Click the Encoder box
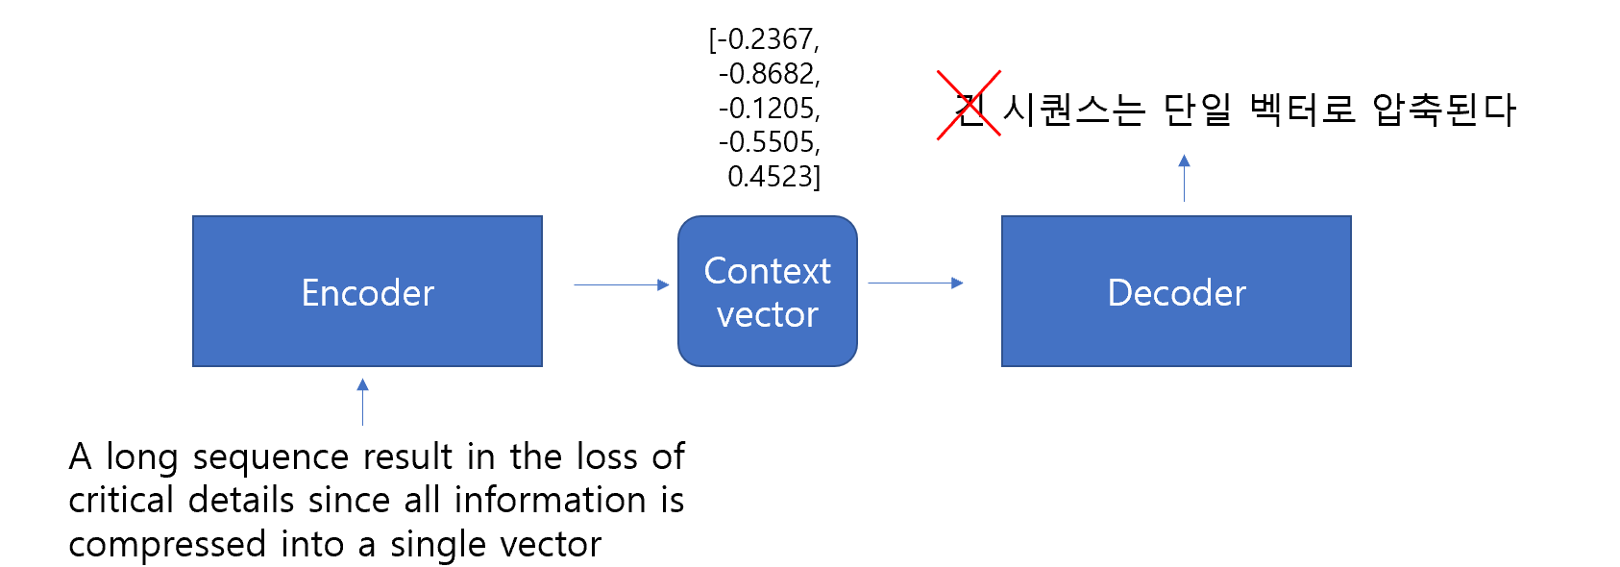coord(367,291)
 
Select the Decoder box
coord(1176,291)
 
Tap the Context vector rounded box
coord(767,291)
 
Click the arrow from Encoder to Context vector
coord(621,284)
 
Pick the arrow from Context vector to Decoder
coord(915,283)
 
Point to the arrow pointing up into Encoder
coord(362,402)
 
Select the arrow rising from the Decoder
coord(1184,178)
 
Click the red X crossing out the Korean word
coord(969,105)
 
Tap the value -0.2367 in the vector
coord(769,39)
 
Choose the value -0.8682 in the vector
coord(769,74)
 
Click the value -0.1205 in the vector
coord(769,109)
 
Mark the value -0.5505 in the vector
coord(769,142)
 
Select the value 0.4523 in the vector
coord(773,177)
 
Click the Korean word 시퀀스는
coord(1073,110)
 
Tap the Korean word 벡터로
coord(1302,110)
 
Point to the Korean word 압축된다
coord(1443,110)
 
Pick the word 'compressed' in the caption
coord(167,545)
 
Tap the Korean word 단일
coord(1197,110)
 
